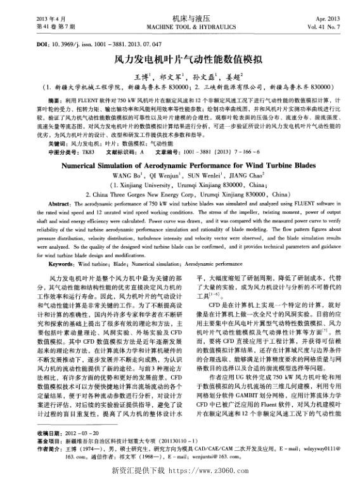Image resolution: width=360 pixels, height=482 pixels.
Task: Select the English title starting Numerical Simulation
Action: coord(179,163)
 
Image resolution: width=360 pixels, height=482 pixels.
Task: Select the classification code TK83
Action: coord(87,152)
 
